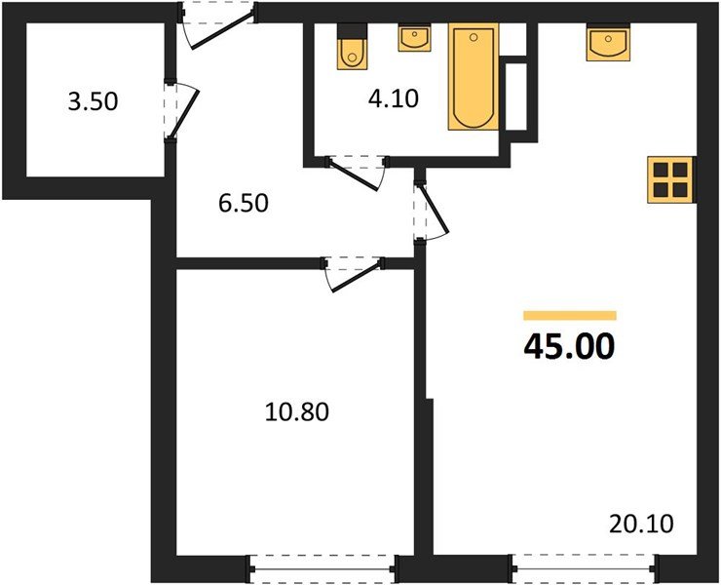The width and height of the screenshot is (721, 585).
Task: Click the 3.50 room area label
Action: [93, 101]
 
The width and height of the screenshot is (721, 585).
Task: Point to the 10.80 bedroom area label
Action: [297, 412]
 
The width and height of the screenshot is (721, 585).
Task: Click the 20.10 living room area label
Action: [641, 524]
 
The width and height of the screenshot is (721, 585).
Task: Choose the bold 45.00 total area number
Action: [569, 346]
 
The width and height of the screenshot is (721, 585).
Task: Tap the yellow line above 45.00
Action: [569, 315]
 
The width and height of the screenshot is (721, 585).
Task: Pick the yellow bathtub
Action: [472, 78]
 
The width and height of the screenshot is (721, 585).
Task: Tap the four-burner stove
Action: [671, 179]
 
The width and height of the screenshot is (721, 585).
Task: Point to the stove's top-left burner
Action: [661, 170]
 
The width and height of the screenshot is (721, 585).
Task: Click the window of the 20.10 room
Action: [584, 566]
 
